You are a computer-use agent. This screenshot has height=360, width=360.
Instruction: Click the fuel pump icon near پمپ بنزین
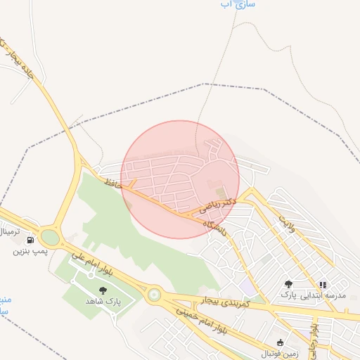click(30, 240)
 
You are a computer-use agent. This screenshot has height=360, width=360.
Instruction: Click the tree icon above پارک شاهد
click(103, 290)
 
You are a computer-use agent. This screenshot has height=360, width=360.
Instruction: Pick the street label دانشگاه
click(214, 229)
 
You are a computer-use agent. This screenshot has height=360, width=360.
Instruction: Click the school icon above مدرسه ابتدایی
click(323, 285)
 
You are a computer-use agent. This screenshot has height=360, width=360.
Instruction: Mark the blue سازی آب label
click(236, 4)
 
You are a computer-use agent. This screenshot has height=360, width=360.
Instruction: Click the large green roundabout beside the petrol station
click(50, 237)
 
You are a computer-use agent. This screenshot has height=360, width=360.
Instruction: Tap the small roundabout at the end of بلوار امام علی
click(153, 295)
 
